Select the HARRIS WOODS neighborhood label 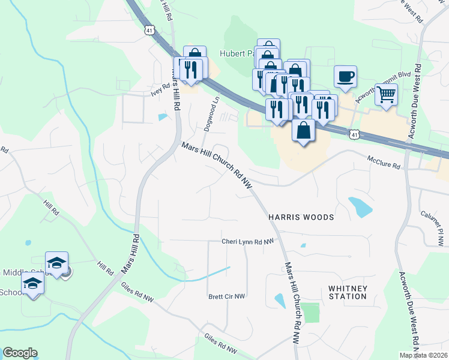pos(300,216)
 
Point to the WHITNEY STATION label pos(348,292)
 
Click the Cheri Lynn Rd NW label pos(247,241)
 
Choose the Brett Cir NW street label pos(227,296)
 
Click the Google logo pos(20,353)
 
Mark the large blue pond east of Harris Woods pos(360,206)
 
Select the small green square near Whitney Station pos(310,313)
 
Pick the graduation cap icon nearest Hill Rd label pos(57,263)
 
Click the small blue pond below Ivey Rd pos(162,117)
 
